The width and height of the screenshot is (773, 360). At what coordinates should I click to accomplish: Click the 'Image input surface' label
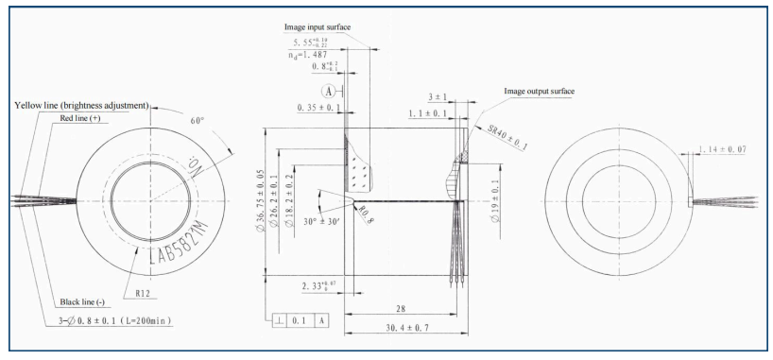click(x=318, y=27)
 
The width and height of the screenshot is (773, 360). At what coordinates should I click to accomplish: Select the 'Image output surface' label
click(x=540, y=92)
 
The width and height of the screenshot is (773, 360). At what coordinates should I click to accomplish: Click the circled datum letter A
click(x=329, y=93)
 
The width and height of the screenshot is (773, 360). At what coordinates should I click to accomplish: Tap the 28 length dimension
click(x=401, y=308)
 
